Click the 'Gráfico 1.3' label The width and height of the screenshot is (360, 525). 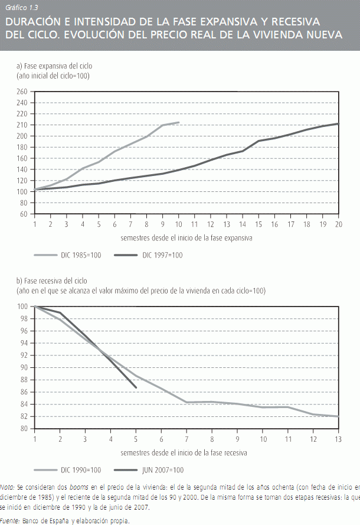tap(21, 8)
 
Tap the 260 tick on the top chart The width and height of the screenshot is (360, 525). tap(22, 92)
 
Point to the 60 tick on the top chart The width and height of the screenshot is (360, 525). tap(24, 214)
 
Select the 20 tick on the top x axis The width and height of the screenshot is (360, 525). tap(338, 224)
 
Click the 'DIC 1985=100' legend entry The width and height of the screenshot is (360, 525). tap(79, 255)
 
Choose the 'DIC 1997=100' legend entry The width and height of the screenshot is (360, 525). tap(162, 255)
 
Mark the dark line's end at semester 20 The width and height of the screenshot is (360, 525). tap(338, 123)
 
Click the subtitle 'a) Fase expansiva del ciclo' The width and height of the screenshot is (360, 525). tap(54, 66)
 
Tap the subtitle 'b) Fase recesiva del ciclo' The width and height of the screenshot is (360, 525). tap(53, 281)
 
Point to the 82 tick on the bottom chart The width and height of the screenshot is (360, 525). tap(24, 416)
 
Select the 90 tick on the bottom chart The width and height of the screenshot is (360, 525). tap(24, 367)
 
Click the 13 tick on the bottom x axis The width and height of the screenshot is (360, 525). tap(338, 439)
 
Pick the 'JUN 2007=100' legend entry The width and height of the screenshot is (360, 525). tap(162, 470)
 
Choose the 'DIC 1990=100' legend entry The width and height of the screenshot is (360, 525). tap(79, 470)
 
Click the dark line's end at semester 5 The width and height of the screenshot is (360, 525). tap(136, 387)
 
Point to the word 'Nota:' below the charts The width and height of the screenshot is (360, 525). tap(8, 488)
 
